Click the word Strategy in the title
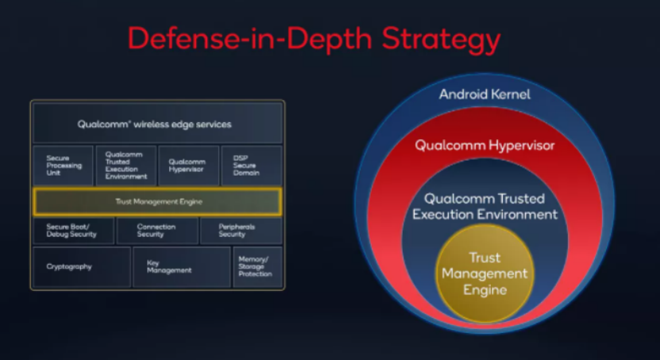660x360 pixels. point(441,40)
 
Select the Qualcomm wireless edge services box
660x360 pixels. point(157,123)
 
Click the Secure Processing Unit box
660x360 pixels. point(63,165)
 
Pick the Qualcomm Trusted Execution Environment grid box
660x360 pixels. point(125,165)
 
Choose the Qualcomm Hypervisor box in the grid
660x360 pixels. point(188,165)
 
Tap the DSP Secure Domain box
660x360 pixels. point(252,165)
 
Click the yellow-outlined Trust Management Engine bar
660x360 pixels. point(157,202)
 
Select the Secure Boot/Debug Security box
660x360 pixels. point(74,230)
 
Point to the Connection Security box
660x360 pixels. point(157,230)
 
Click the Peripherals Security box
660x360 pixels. point(241,230)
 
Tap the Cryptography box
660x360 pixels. point(82,267)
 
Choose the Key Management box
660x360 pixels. point(182,267)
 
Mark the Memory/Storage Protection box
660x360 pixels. point(257,267)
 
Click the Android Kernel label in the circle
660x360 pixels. point(485,95)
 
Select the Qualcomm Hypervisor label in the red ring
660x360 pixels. point(485,145)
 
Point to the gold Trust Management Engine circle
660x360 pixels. point(485,273)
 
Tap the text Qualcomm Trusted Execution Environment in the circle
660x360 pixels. point(485,207)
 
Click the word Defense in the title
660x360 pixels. point(183,39)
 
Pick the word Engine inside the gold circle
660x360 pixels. point(485,291)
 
